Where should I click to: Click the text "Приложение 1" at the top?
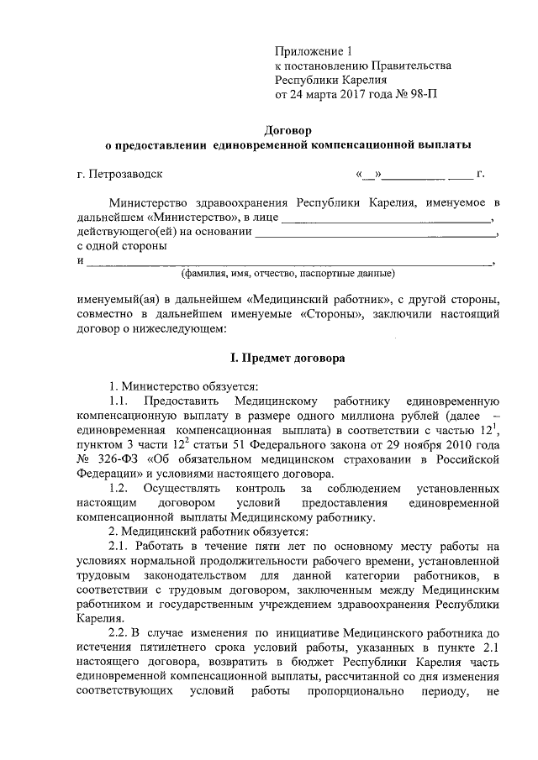pyautogui.click(x=312, y=50)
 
